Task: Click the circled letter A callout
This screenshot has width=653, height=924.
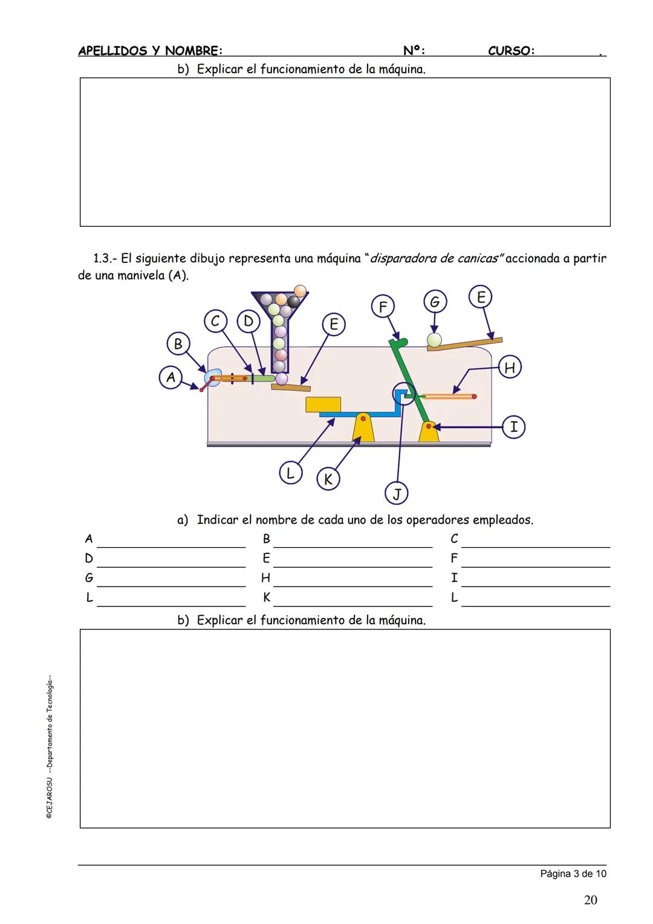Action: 171,378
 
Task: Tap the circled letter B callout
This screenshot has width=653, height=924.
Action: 178,344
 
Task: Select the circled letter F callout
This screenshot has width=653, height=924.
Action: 383,307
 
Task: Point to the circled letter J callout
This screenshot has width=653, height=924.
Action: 397,493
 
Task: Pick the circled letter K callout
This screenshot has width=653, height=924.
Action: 328,480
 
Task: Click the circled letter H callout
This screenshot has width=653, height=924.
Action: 510,368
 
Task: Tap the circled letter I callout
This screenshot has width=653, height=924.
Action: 513,427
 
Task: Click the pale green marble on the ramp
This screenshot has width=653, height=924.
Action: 434,340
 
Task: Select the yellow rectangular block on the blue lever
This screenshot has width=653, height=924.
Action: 323,405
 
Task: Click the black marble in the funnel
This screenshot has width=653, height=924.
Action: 293,302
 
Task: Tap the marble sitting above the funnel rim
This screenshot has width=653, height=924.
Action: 300,290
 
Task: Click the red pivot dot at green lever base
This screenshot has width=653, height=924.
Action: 429,426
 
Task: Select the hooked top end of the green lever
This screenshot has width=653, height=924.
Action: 399,343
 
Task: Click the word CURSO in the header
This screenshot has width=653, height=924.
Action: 511,51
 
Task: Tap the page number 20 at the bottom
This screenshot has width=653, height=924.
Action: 591,900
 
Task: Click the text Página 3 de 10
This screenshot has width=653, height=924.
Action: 573,873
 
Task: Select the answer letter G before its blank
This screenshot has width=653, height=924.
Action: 89,578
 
